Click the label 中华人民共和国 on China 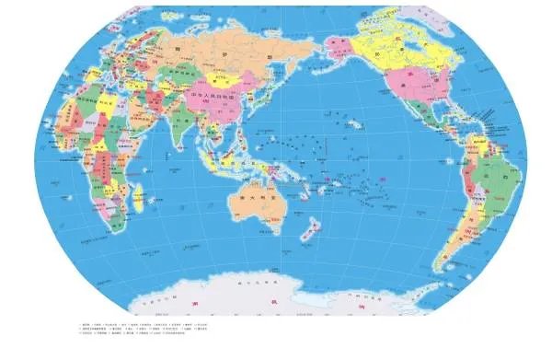coord(213,94)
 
